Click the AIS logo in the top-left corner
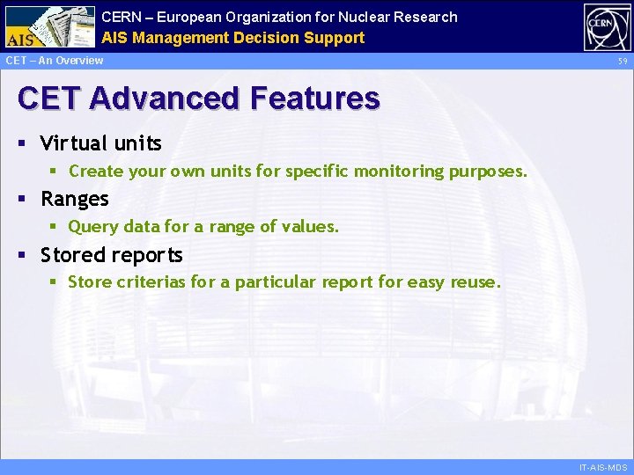pos(49,26)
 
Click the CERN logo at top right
pos(607,26)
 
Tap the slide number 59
pos(622,61)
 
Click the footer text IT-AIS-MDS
pos(603,467)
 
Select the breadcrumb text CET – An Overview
pos(55,61)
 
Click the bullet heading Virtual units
pos(101,142)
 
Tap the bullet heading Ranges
pos(75,199)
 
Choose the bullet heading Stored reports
pos(112,255)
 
